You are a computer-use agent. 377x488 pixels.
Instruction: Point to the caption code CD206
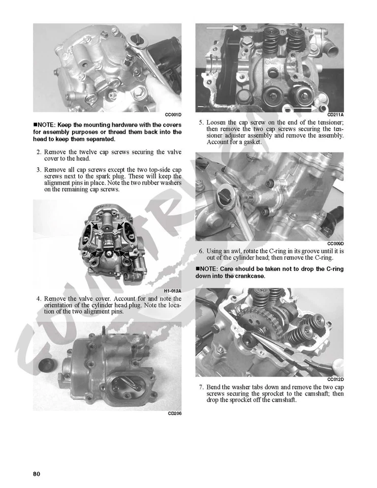point(174,414)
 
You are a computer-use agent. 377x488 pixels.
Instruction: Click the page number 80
point(37,474)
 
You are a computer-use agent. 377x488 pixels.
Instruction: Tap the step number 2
point(39,152)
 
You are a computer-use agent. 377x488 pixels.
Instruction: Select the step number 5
point(201,123)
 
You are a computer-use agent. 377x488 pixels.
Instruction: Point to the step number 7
point(201,387)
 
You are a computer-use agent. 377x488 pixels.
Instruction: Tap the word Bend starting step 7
point(215,387)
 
